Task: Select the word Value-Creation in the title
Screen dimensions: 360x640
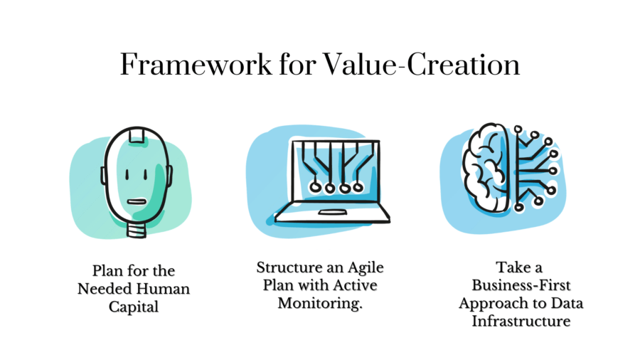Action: [x=421, y=65]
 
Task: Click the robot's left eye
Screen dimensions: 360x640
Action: [x=126, y=173]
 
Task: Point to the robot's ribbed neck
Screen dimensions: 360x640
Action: [x=136, y=230]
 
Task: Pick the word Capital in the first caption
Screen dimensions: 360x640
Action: [x=134, y=306]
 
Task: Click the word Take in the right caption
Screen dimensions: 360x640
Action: [x=508, y=270]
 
